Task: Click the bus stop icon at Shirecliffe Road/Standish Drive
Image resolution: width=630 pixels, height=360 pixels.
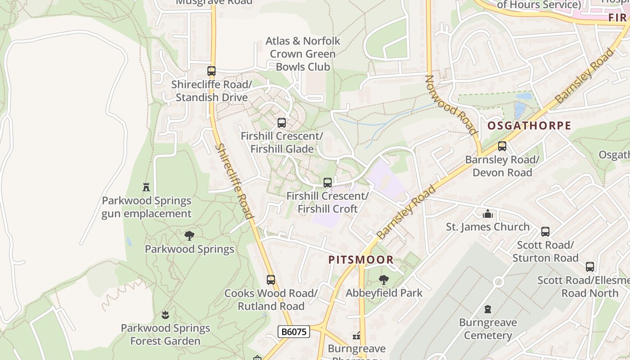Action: [211, 71]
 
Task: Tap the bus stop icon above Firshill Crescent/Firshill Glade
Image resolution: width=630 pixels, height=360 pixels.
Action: [282, 123]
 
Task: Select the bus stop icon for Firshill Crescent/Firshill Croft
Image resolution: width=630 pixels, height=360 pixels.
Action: [328, 183]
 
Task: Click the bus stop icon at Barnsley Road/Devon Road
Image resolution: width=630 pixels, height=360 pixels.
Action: [502, 146]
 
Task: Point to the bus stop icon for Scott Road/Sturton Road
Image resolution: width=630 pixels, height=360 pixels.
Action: [545, 232]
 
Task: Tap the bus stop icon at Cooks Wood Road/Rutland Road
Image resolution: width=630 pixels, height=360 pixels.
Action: [270, 280]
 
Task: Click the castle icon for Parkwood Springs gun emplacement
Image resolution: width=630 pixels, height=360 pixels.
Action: [146, 187]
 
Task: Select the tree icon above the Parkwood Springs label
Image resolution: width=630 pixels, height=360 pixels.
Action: [189, 235]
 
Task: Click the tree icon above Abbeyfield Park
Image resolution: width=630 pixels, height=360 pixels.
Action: [384, 280]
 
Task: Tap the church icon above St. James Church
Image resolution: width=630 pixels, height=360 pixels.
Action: [487, 214]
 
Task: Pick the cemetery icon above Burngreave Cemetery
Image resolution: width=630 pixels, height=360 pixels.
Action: [488, 309]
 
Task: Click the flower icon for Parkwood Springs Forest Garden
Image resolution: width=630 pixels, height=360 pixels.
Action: [165, 315]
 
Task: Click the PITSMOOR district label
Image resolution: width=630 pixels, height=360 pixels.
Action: [361, 260]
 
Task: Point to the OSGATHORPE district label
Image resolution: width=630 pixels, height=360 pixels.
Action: [529, 126]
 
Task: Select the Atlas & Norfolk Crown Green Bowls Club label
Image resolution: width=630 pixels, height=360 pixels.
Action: [303, 54]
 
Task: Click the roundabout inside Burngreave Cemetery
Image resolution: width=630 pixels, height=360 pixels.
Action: [498, 282]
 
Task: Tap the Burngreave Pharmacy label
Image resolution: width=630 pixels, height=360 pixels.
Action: [356, 351]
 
